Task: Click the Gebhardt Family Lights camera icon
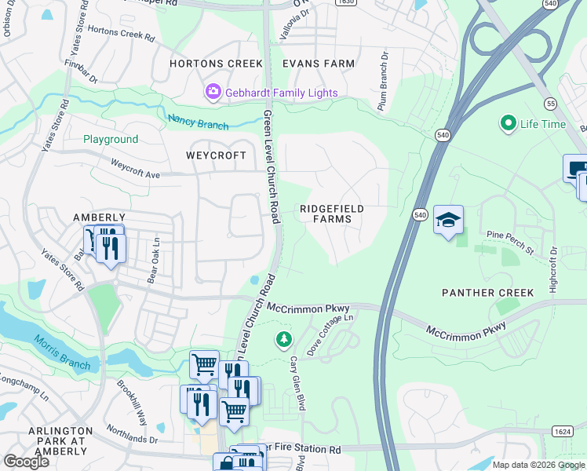click(213, 93)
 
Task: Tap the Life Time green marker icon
click(508, 123)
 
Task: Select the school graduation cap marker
click(448, 220)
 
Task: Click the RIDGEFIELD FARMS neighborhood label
click(326, 214)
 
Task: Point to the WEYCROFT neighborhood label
click(216, 155)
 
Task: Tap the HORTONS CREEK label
click(208, 63)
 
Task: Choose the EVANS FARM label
click(319, 63)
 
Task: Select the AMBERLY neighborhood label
click(99, 217)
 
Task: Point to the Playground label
click(111, 139)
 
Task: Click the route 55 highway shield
click(552, 103)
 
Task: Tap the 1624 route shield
click(563, 431)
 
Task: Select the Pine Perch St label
click(510, 242)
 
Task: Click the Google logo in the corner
click(27, 462)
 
